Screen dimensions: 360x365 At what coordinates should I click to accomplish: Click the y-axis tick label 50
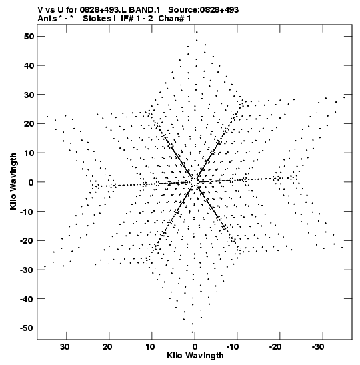pos(29,37)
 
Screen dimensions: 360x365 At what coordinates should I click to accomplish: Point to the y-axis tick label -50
pos(27,328)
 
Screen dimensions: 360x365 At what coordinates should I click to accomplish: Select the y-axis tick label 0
pos(31,182)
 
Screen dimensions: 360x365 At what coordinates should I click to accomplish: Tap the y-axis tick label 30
pos(29,95)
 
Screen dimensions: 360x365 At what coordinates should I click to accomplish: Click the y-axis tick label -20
pos(27,241)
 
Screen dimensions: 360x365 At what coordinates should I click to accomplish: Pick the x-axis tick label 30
pos(65,347)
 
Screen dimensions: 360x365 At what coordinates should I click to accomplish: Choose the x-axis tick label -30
pos(318,347)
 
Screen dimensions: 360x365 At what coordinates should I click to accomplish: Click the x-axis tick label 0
pos(195,347)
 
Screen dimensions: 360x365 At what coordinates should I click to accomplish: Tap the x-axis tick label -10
pos(232,347)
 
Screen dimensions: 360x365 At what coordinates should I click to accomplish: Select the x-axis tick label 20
pos(107,347)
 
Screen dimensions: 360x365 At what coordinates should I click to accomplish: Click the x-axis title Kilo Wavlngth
pos(195,356)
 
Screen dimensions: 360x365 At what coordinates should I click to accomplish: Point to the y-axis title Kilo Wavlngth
pos(13,181)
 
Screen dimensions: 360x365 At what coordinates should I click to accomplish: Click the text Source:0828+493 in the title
pos(203,10)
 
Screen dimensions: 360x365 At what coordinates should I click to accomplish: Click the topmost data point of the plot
pos(197,32)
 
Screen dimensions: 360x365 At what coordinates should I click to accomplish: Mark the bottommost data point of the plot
pos(192,332)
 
